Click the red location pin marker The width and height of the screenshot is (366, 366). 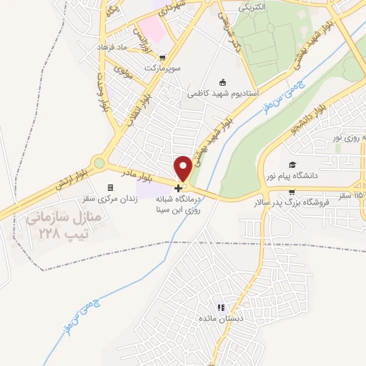coord(184,167)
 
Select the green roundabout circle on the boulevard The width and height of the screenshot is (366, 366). coord(99,163)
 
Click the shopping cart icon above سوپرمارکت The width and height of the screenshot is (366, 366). coord(162,57)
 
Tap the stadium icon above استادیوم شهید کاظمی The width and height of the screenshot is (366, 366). coord(222,81)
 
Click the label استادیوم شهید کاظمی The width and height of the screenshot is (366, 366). coord(222,93)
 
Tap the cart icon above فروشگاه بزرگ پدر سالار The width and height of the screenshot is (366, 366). coord(290,192)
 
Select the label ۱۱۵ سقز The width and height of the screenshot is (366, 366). coord(350,194)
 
